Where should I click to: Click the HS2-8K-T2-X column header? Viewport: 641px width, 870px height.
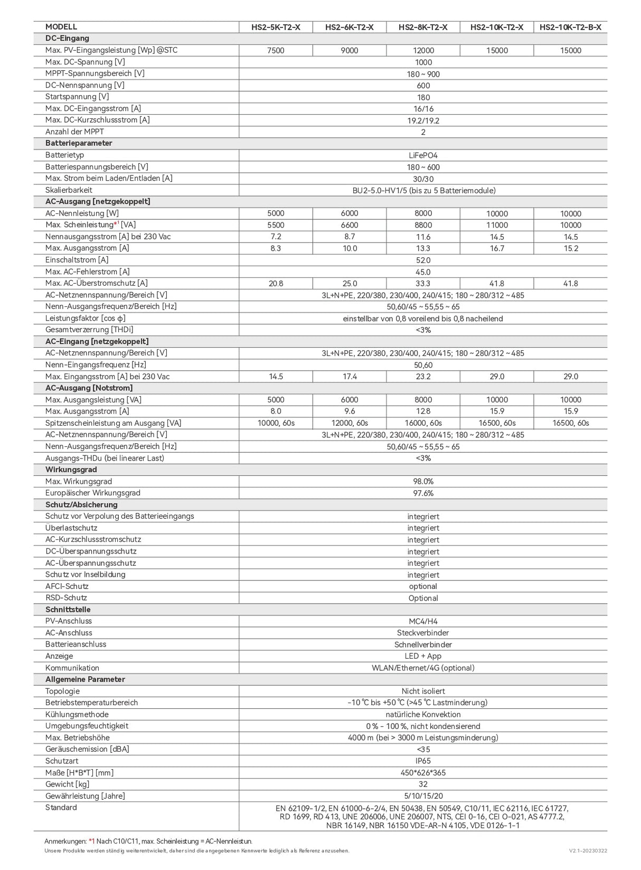pyautogui.click(x=423, y=27)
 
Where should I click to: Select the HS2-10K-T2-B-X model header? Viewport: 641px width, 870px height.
pyautogui.click(x=570, y=27)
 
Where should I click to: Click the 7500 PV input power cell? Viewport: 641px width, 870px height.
pyautogui.click(x=276, y=51)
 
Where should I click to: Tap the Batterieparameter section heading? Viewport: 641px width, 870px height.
pyautogui.click(x=79, y=143)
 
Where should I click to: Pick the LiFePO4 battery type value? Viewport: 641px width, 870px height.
pyautogui.click(x=423, y=155)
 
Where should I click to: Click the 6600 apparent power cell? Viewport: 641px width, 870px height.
pyautogui.click(x=349, y=225)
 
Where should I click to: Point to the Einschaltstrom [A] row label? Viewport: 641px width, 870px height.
pyautogui.click(x=77, y=260)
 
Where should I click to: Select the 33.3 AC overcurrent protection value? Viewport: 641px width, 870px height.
pyautogui.click(x=423, y=284)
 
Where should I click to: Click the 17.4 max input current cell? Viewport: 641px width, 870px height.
pyautogui.click(x=349, y=377)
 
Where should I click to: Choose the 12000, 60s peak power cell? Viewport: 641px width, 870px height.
pyautogui.click(x=349, y=423)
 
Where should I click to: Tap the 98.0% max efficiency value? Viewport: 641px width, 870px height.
pyautogui.click(x=423, y=481)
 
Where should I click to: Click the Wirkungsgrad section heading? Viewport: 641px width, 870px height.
pyautogui.click(x=71, y=470)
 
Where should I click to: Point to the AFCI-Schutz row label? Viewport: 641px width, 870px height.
pyautogui.click(x=67, y=586)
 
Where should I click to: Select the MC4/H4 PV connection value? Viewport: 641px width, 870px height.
pyautogui.click(x=423, y=621)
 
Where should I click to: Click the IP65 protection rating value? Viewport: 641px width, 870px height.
pyautogui.click(x=423, y=761)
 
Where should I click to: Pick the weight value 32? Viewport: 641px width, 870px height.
pyautogui.click(x=423, y=784)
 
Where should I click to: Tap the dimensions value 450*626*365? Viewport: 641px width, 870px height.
pyautogui.click(x=423, y=773)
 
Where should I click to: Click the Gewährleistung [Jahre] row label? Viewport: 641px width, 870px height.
pyautogui.click(x=85, y=796)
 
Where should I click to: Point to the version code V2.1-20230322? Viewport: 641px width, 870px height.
pyautogui.click(x=588, y=851)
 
